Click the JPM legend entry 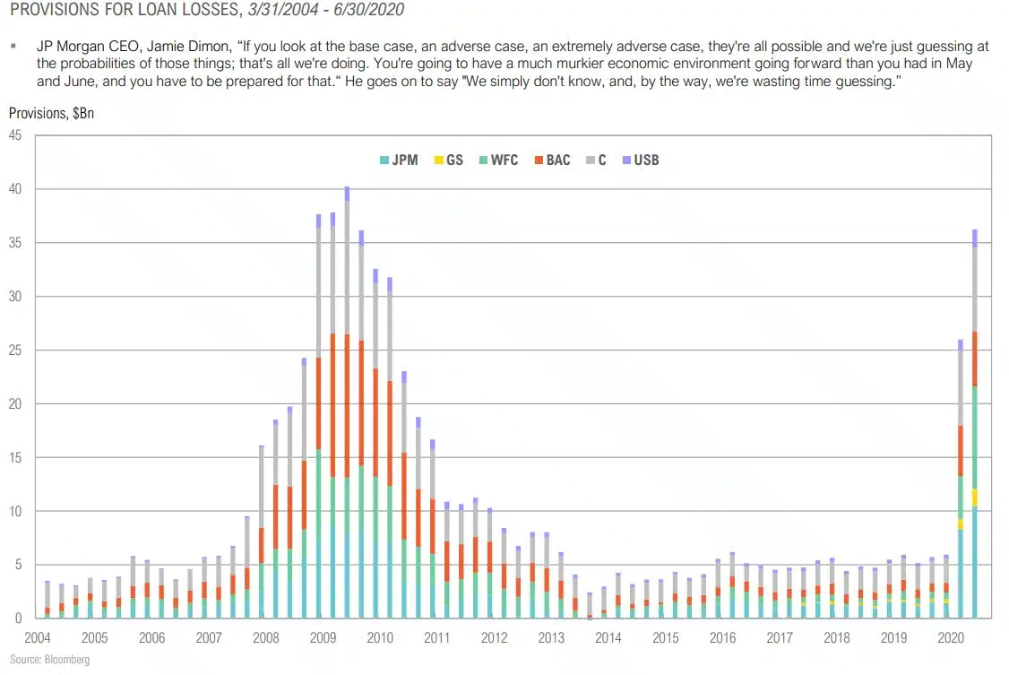point(399,160)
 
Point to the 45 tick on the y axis point(15,135)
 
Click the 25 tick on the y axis point(15,350)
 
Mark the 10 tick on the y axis point(15,511)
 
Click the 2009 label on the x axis point(323,637)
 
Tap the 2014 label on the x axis point(608,637)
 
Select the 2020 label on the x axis point(950,637)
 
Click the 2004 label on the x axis point(38,637)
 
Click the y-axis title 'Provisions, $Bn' point(51,114)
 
